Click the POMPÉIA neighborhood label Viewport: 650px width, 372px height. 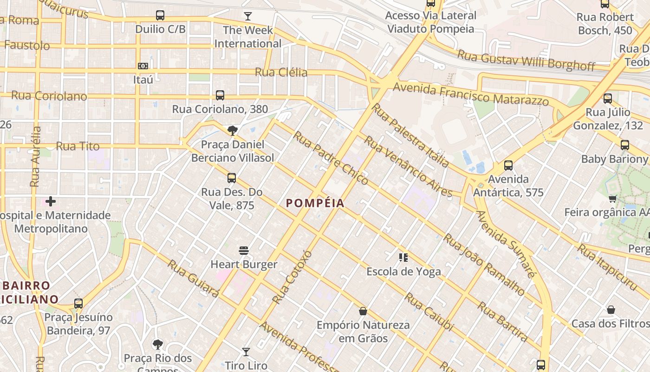(x=315, y=203)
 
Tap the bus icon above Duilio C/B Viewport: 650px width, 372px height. (x=160, y=15)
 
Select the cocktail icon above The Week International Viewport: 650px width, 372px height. (x=248, y=17)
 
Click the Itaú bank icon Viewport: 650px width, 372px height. (x=143, y=66)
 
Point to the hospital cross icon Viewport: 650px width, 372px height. (x=51, y=201)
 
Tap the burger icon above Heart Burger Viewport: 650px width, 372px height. (x=244, y=251)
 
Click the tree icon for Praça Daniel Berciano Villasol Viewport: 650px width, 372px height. (x=232, y=131)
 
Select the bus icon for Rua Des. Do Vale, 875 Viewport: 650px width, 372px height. (x=232, y=178)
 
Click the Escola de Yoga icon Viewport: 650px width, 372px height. (x=403, y=257)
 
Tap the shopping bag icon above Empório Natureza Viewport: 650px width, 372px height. (x=363, y=311)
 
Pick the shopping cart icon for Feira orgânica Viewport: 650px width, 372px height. (x=613, y=199)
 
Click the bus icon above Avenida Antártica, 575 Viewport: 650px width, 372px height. (x=508, y=166)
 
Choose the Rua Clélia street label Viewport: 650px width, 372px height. (x=281, y=73)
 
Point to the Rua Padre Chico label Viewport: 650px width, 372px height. (x=331, y=158)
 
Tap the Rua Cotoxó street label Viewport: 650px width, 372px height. (x=292, y=277)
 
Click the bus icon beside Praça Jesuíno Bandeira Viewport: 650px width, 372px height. (x=78, y=304)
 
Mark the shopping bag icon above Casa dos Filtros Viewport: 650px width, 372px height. (x=611, y=310)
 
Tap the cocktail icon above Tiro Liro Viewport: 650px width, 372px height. (x=246, y=352)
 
